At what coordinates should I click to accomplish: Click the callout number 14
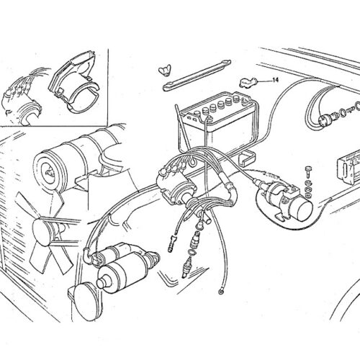276,80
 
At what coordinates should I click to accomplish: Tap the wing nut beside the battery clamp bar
165,69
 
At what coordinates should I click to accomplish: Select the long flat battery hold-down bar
197,76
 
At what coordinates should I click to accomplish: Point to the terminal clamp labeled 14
248,82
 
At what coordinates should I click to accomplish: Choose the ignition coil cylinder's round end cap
304,210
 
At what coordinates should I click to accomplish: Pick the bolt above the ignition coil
307,171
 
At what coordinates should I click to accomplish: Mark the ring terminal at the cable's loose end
220,292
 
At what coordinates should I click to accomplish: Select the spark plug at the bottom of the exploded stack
186,267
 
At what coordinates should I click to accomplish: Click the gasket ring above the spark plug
192,253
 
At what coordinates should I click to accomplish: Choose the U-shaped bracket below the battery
246,158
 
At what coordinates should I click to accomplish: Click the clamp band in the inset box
84,97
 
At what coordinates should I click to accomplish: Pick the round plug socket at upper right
325,120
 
